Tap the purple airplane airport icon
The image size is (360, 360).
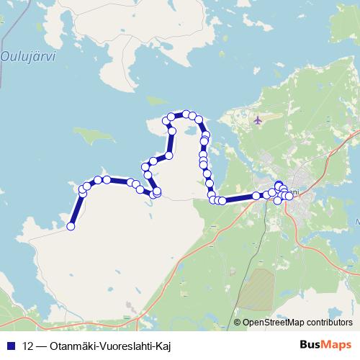click(x=258, y=120)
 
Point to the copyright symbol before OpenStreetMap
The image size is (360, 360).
click(x=238, y=323)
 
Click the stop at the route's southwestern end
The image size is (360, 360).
click(x=71, y=226)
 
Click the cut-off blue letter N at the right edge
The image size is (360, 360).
click(x=357, y=222)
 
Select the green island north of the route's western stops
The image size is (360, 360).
click(x=94, y=135)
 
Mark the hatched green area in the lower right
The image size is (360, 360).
click(x=257, y=292)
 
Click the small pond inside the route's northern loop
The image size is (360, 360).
click(x=186, y=132)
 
